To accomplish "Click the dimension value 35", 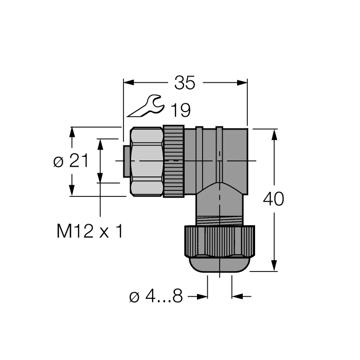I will pos(185,82).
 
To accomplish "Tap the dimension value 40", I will pos(273,199).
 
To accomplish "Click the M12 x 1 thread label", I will pos(90,232).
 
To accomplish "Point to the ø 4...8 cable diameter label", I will pos(155,297).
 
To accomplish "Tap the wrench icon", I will pos(146,106).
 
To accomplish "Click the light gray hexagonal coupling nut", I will pos(147,161).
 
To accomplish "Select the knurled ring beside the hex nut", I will pos(174,161).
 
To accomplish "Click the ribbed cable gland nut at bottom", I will pos(219,242).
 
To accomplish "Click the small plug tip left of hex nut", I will pos(126,161).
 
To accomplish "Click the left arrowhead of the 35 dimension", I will pos(128,82).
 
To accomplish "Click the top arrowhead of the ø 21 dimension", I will pos(73,132).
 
